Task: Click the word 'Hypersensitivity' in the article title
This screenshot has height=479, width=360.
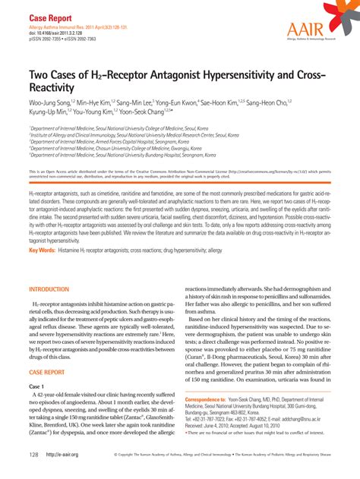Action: coord(225,77)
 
